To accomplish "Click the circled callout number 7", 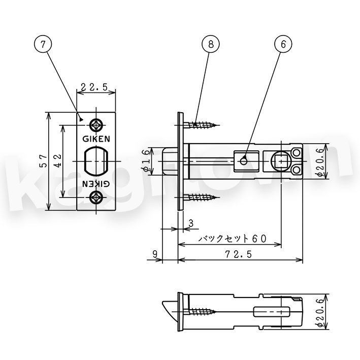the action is [43, 44].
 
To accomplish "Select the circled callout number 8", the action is [211, 44].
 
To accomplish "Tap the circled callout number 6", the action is [283, 44].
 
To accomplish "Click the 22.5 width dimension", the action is [94, 87].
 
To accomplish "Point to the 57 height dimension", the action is [44, 161].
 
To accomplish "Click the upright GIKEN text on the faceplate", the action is [96, 139].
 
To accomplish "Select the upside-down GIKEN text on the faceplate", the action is [96, 183].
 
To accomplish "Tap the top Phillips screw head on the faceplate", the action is [96, 125].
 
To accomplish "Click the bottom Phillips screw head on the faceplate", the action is [96, 197].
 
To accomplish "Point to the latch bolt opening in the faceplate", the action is [96, 161].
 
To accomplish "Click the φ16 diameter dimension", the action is [147, 161].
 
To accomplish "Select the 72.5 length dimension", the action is [238, 254].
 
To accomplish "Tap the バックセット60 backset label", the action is [233, 239].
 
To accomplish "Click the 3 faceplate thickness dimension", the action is [191, 223].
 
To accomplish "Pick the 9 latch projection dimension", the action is [155, 254].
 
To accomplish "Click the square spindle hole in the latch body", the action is [281, 161].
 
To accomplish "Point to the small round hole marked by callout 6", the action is [243, 161].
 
